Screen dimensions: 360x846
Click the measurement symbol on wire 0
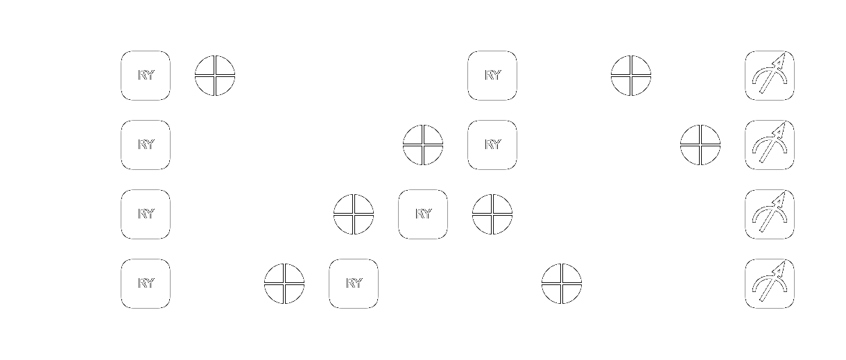770,76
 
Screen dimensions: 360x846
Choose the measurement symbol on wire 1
770,145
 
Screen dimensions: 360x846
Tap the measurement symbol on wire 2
770,214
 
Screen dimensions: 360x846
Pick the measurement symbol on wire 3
770,284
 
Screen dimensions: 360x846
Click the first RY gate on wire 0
146,76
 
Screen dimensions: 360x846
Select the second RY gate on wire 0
492,76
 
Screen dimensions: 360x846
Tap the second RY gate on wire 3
354,284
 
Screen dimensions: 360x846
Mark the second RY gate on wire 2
423,214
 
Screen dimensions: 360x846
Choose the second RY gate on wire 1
492,145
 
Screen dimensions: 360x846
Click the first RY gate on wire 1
146,145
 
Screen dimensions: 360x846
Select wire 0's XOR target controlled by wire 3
215,76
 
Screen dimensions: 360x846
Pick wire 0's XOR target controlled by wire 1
631,76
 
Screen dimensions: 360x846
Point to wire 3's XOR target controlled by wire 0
562,284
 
